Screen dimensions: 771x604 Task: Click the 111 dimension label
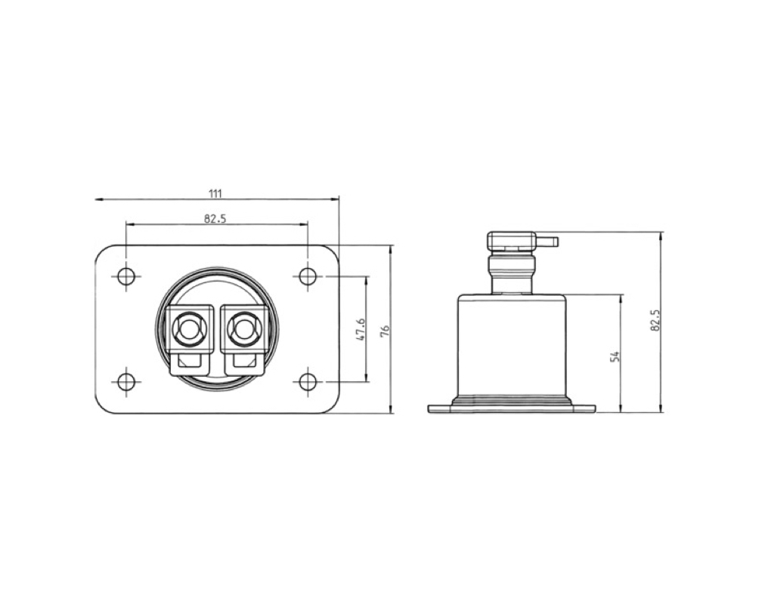tap(215, 193)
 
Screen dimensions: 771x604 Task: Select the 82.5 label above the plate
tap(215, 218)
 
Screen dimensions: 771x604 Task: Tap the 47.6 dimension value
tap(361, 329)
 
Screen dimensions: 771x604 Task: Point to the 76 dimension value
tap(385, 330)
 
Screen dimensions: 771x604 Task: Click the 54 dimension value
tap(615, 356)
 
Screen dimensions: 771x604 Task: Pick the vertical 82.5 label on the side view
tap(655, 320)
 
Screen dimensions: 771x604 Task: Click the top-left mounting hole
tap(126, 276)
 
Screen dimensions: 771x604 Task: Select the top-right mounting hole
tap(308, 276)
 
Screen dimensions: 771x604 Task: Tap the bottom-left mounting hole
tap(126, 381)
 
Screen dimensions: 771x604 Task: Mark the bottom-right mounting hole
tap(308, 381)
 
